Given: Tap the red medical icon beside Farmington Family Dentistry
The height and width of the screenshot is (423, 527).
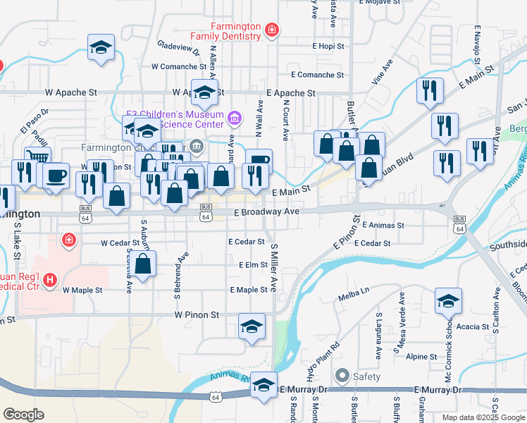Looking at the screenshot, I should coord(271,30).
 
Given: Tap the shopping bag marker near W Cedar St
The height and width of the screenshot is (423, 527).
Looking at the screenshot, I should coord(143,264).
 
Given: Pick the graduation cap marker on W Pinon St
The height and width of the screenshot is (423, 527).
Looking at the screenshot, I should coord(252,326).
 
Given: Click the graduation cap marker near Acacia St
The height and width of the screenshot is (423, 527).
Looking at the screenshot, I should coord(448,301).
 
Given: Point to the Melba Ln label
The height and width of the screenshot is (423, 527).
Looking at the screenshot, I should coord(354,290).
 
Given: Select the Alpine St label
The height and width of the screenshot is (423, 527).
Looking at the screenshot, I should coord(421,357).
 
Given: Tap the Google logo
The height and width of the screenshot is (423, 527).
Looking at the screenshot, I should coord(24,415).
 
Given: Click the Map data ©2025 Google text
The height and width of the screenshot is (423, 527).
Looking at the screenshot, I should coord(483,417).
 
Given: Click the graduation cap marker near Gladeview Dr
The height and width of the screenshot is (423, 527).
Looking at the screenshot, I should coord(101,47).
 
